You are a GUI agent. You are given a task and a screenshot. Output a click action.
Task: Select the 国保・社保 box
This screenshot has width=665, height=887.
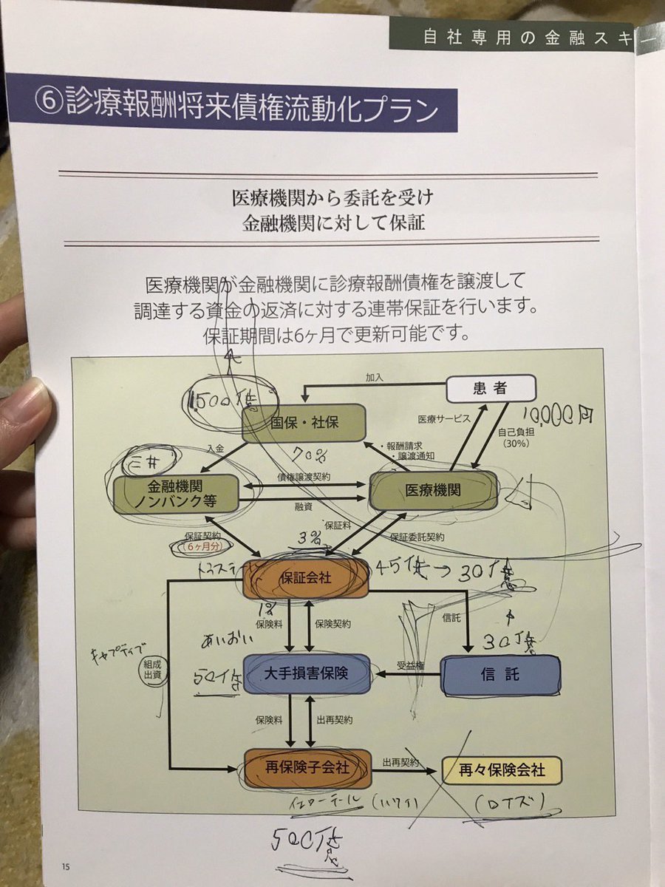(x=304, y=423)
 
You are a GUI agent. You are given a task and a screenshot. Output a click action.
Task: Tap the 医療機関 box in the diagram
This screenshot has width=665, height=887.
(x=434, y=490)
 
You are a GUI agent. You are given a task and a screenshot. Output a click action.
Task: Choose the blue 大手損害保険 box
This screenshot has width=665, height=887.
(x=306, y=673)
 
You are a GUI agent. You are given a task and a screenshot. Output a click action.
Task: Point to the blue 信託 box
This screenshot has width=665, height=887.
(x=500, y=675)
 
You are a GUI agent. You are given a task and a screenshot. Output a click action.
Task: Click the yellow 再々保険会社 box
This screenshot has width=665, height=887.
(x=502, y=770)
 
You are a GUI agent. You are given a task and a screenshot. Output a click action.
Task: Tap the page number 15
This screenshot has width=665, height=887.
(x=66, y=866)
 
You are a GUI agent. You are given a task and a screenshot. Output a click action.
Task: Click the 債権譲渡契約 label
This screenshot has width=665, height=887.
(x=304, y=478)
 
